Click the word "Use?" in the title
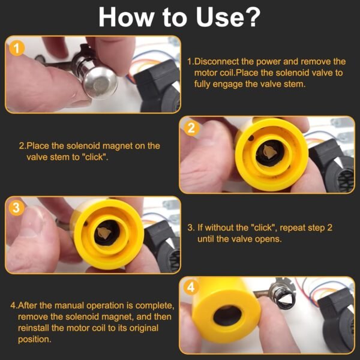pyautogui.click(x=228, y=17)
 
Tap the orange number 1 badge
pyautogui.click(x=17, y=49)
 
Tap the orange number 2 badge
pyautogui.click(x=191, y=128)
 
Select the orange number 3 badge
pyautogui.click(x=16, y=208)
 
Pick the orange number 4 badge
pyautogui.click(x=191, y=287)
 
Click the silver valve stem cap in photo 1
pyautogui.click(x=99, y=82)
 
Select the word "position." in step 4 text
pyautogui.click(x=34, y=340)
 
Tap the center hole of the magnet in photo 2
pyautogui.click(x=270, y=153)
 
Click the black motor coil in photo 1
pyautogui.click(x=158, y=87)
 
